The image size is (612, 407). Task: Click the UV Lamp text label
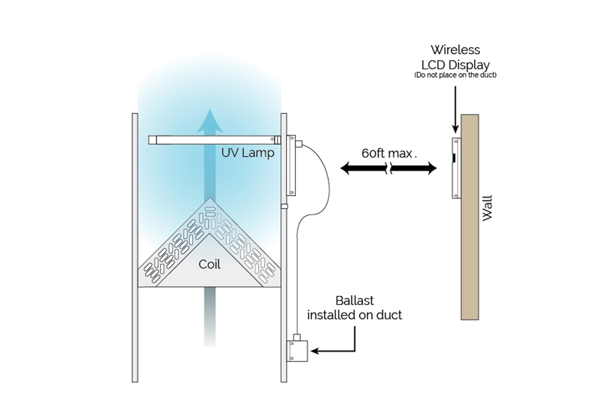(248, 152)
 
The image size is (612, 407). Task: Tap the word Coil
(210, 265)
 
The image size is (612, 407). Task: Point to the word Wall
(488, 207)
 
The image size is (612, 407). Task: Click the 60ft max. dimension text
(389, 152)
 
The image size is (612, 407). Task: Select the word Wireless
(455, 50)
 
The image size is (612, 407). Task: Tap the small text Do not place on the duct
(455, 75)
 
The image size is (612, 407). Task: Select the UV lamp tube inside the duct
(214, 139)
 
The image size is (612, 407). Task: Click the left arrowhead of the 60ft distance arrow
(347, 169)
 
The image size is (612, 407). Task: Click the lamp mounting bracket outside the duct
(291, 165)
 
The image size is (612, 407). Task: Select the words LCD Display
(455, 65)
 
